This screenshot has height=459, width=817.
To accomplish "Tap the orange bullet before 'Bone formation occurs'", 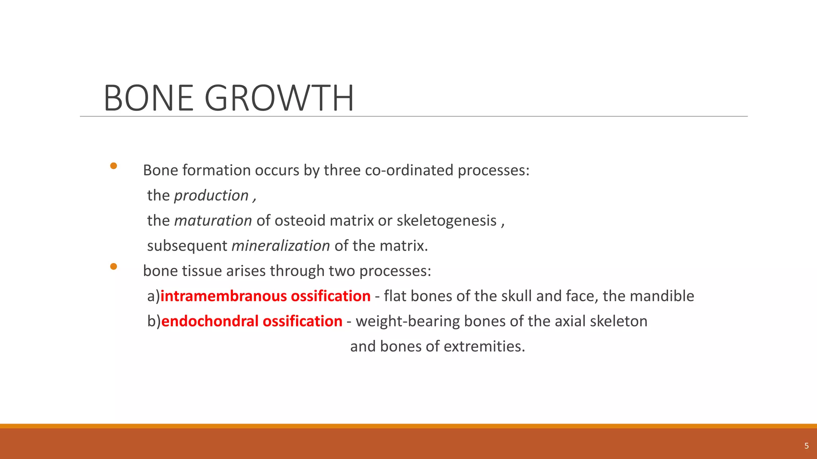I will (114, 166).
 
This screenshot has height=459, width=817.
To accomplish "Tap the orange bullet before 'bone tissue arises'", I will (114, 267).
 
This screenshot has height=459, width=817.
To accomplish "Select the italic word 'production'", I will (211, 196).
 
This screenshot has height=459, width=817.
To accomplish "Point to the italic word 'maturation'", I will (213, 221).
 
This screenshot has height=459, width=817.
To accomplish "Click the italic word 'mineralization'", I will (281, 246).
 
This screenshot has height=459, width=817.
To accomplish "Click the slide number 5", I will (806, 446).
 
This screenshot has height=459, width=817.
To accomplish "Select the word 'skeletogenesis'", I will (446, 221).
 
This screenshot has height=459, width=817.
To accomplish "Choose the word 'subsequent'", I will (187, 246).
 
